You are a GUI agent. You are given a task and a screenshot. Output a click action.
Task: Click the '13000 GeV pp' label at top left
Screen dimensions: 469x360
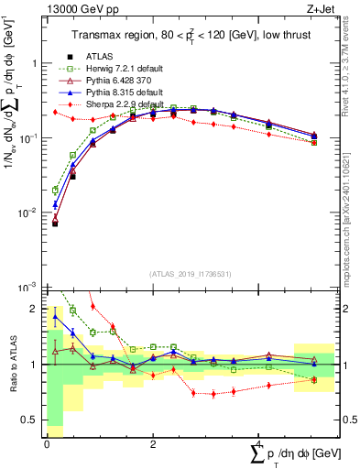[80, 9]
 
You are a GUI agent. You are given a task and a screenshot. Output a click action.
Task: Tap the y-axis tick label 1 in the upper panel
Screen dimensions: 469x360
[34, 63]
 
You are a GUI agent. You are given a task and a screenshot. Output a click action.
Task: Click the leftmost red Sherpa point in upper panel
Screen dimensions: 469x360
[55, 112]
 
